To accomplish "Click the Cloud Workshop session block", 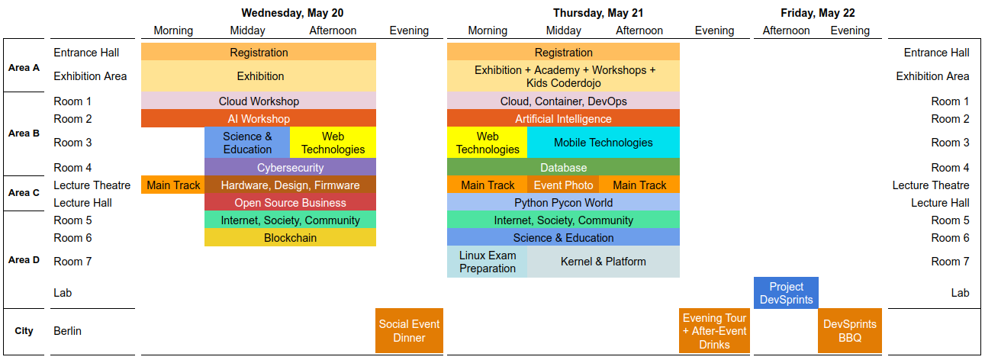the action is (259, 101).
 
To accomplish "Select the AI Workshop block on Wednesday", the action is (259, 118).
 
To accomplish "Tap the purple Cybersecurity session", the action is (290, 167).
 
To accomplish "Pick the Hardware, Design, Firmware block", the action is (290, 185).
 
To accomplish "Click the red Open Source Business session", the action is (290, 202).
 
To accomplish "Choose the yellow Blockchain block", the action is (290, 237).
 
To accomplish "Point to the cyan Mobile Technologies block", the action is (604, 143).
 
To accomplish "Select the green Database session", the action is (563, 167).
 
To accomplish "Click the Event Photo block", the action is (563, 185).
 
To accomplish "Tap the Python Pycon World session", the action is (563, 202).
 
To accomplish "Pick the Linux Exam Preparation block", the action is (488, 262).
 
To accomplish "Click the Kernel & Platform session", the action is (604, 262).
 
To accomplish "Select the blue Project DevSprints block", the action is (786, 293).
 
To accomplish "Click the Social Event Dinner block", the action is (410, 330).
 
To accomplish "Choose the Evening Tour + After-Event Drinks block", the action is (715, 330).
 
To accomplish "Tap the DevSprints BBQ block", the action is (850, 330).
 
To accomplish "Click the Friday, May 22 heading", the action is (818, 13).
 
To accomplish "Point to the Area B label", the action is (24, 133).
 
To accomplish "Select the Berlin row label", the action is (67, 330).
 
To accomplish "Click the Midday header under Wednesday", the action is (247, 31).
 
